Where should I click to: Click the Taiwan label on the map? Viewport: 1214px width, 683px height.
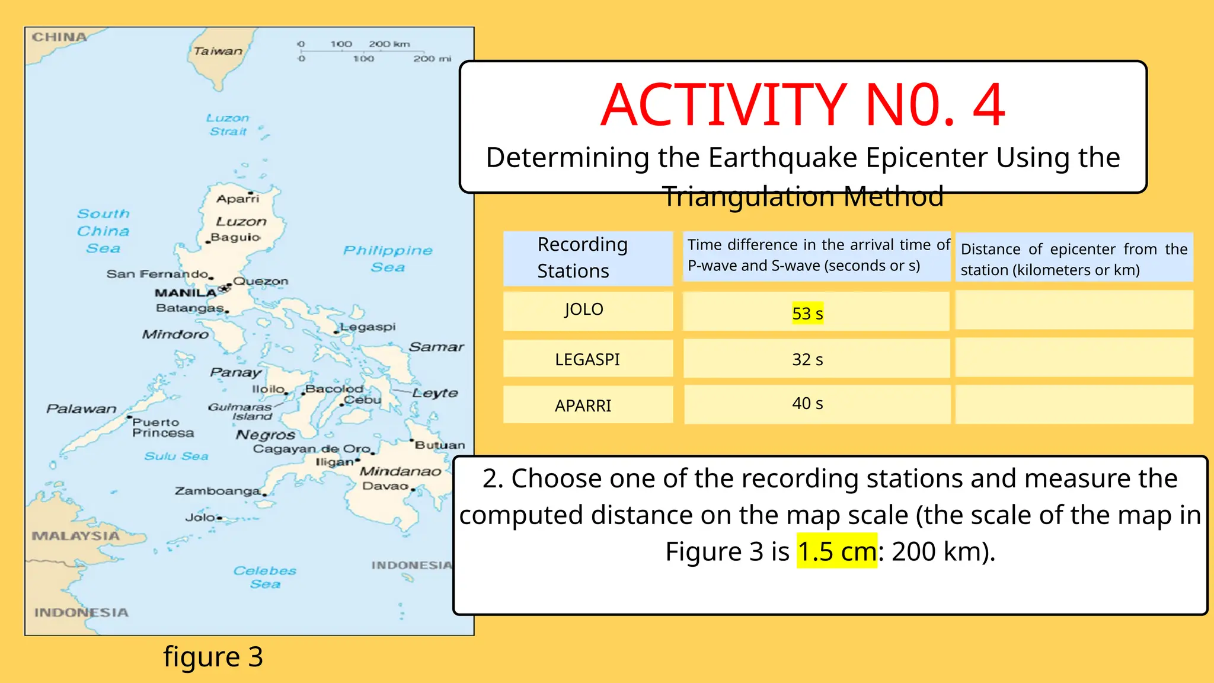coord(218,51)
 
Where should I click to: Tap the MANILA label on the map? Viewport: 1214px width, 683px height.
coord(186,293)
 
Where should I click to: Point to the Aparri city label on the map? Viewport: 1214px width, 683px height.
coord(238,199)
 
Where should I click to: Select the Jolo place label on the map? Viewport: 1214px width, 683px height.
coord(200,518)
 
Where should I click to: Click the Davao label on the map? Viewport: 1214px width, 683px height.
coord(385,486)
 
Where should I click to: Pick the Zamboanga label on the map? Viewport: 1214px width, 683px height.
coord(217,491)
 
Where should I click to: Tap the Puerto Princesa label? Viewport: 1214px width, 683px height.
coord(162,427)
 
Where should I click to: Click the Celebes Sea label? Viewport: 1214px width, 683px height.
coord(264,577)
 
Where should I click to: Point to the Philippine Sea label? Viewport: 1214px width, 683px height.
coord(388,258)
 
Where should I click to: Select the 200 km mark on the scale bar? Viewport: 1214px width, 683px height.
coord(389,44)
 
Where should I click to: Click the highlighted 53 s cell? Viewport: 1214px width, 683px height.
coord(807,313)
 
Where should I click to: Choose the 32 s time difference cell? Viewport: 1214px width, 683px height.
coord(807,359)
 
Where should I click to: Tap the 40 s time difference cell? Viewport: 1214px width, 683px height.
coord(807,404)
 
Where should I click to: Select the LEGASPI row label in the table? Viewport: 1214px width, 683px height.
coord(587,359)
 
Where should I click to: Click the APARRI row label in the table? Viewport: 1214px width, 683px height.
coord(583,406)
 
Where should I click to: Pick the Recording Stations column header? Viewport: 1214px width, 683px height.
coord(582,257)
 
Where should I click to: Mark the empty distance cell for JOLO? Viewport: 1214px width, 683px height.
coord(1074,310)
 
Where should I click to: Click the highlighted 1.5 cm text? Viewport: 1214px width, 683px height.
coord(836,551)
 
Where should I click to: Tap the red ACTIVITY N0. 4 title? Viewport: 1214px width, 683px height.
coord(803,105)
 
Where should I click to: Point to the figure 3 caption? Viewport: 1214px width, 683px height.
coord(213,656)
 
